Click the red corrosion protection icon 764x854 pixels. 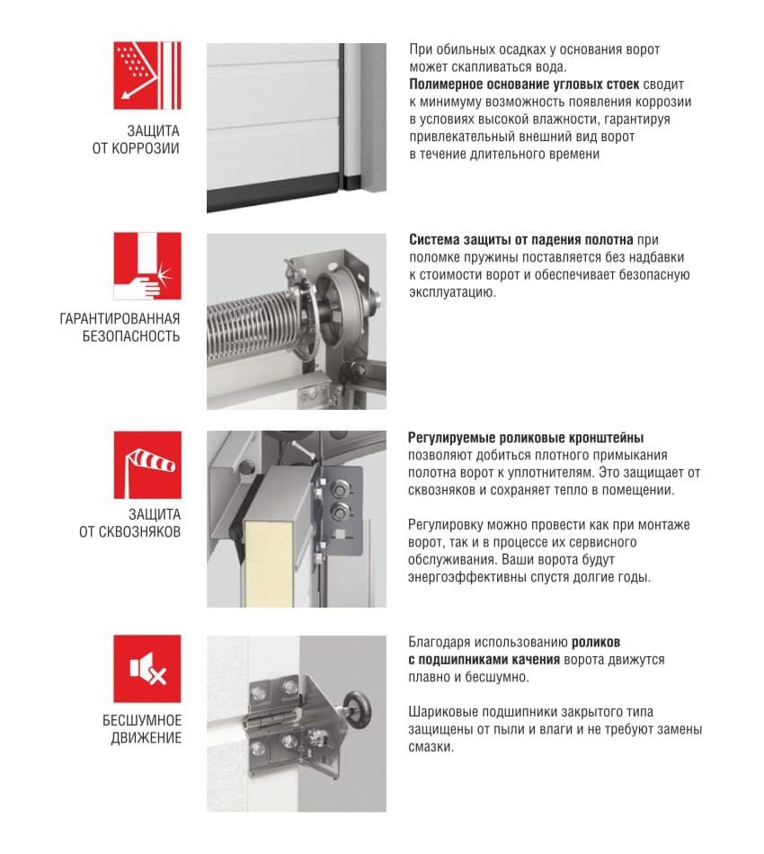pos(147,76)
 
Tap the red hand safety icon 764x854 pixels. pos(147,266)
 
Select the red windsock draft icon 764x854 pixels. pos(147,465)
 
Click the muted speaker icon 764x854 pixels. pos(147,669)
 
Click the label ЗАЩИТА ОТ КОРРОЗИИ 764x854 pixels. pos(136,139)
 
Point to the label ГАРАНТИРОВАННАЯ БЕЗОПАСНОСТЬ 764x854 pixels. pos(120,327)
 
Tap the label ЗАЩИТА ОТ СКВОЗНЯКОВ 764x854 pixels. pos(129,523)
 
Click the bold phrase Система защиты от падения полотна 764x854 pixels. pos(521,240)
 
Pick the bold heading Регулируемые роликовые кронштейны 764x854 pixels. pos(526,439)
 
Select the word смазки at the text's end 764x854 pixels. pos(431,746)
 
